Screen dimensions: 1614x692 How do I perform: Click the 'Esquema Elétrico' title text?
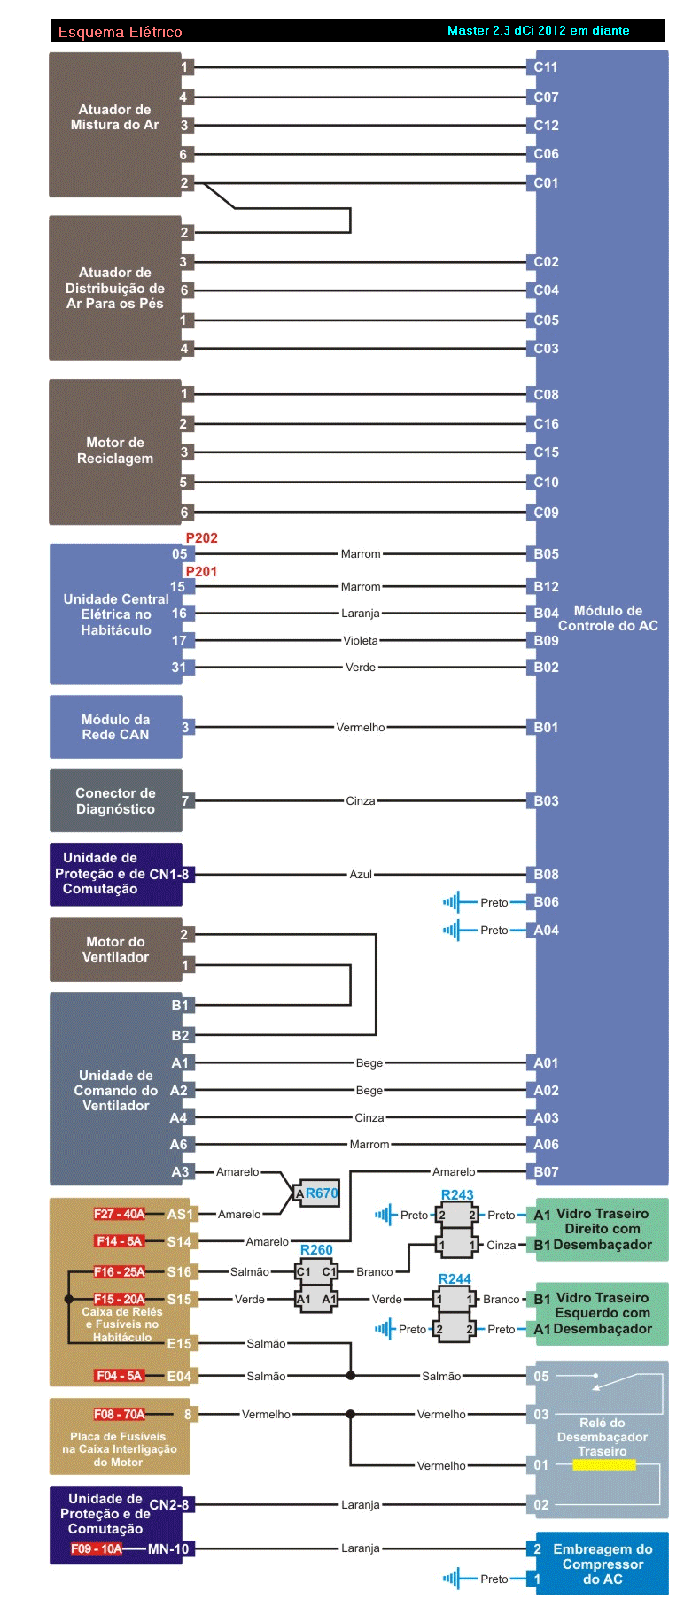[x=120, y=32]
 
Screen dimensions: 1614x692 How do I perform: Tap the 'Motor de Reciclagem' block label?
[x=115, y=451]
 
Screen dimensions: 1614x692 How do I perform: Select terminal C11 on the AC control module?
[x=546, y=67]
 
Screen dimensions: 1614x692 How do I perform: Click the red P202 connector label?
[x=201, y=538]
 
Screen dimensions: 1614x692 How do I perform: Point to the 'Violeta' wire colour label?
[x=361, y=641]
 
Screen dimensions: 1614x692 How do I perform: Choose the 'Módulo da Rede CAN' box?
[x=115, y=727]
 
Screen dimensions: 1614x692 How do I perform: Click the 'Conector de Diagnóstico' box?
[x=115, y=801]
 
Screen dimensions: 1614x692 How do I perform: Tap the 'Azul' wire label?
[x=361, y=875]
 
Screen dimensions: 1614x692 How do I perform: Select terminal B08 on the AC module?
[x=546, y=875]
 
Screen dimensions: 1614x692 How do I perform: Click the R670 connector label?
[x=322, y=1193]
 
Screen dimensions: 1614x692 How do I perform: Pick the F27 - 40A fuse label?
[x=119, y=1215]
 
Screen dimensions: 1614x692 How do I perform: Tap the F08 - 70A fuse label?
[x=119, y=1415]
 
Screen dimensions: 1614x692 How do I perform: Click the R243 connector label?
[x=457, y=1195]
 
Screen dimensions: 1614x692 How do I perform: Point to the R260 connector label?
[x=316, y=1250]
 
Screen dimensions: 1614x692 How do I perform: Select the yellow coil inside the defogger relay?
[x=604, y=1465]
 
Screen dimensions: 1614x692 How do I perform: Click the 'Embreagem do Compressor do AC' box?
[x=603, y=1564]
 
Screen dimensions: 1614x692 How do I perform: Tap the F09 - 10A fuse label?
[x=97, y=1549]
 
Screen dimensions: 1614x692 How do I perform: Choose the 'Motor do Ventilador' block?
[x=115, y=950]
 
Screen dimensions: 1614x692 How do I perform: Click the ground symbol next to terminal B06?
[x=452, y=903]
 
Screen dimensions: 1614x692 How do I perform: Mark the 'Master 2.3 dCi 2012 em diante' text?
[x=538, y=31]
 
